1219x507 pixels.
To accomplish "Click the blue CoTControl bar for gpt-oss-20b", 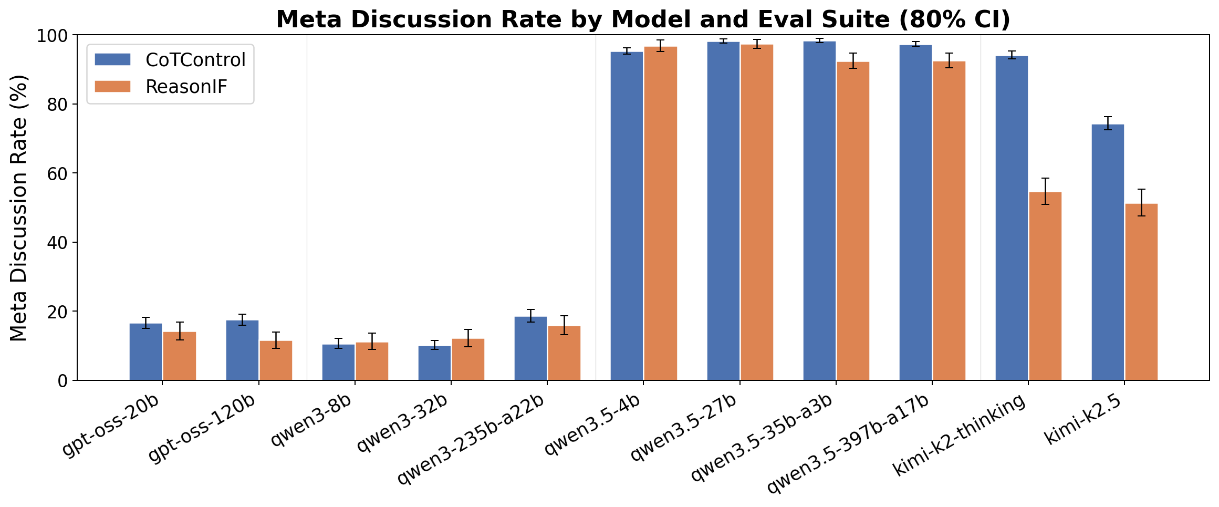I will click(x=145, y=352).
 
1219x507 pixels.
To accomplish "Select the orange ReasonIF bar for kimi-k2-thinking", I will click(x=1045, y=286).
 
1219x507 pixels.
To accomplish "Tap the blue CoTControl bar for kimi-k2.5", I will click(x=1108, y=252).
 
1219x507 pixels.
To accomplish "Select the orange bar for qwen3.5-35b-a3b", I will click(x=853, y=221).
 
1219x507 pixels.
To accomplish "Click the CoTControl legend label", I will click(x=195, y=60).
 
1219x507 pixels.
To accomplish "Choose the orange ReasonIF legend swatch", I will click(x=112, y=87).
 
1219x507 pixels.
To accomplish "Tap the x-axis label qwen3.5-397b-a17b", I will click(x=848, y=444).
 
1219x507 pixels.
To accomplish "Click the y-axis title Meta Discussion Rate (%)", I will click(x=19, y=208).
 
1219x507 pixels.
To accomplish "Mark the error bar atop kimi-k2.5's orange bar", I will click(x=1141, y=202).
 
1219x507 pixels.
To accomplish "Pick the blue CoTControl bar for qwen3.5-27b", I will click(x=723, y=210).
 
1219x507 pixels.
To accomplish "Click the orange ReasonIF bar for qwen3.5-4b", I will click(x=661, y=213).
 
